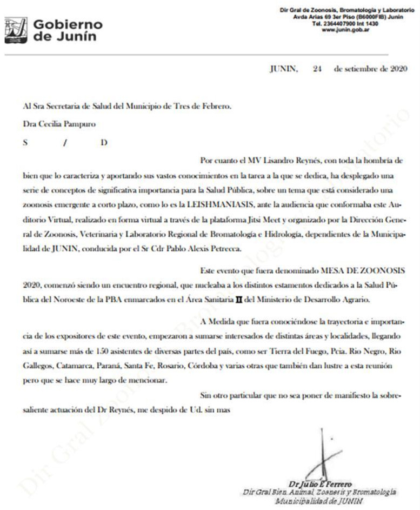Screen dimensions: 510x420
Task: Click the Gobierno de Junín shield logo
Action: pyautogui.click(x=16, y=30)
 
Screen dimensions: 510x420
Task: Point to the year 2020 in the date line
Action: pyautogui.click(x=396, y=69)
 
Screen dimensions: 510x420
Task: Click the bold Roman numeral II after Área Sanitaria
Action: pyautogui.click(x=245, y=299)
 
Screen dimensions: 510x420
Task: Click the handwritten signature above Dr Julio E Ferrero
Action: pyautogui.click(x=323, y=458)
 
